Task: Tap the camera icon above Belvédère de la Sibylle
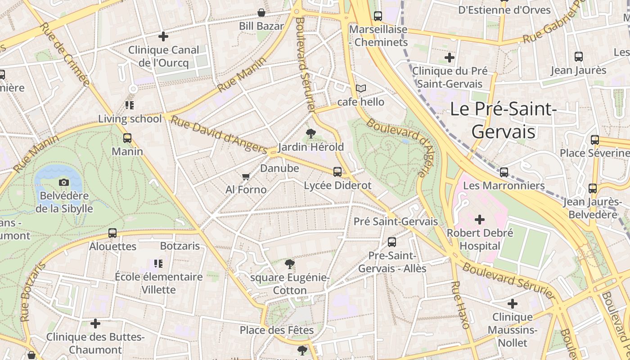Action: [64, 182]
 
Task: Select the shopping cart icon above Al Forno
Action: [246, 176]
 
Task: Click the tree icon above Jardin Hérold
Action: [310, 133]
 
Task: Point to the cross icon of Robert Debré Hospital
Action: [480, 220]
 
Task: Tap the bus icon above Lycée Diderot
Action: [337, 171]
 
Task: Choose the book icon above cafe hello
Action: [360, 88]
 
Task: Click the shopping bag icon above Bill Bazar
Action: [261, 13]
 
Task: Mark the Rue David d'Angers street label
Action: [219, 135]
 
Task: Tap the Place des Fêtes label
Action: [276, 330]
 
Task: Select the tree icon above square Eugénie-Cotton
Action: [289, 264]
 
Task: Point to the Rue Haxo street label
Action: [460, 305]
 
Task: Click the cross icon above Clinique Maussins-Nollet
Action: [512, 304]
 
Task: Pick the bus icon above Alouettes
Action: [112, 233]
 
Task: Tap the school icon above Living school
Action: [130, 105]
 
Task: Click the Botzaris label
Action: [180, 246]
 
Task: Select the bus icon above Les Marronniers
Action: [504, 172]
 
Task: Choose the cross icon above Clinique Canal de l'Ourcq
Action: [163, 36]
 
